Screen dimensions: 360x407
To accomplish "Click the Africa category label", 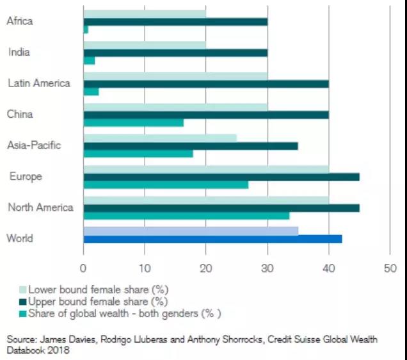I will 19,21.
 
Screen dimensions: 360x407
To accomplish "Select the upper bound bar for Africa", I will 175,22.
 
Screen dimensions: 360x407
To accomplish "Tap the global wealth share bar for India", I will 89,60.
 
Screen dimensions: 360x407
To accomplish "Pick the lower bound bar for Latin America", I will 175,76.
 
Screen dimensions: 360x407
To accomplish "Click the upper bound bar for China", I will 205,115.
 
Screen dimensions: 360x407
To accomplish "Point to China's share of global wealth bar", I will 133,122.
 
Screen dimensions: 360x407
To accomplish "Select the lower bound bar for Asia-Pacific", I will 159,138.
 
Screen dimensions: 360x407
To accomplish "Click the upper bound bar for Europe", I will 221,177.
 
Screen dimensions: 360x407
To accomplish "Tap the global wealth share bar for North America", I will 186,215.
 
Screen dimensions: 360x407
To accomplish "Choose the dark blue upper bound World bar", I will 212,239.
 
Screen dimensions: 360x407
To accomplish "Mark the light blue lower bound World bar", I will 190,231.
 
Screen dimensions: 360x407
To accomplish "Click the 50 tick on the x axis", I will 390,268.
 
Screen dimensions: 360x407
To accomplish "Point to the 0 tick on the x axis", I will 83,268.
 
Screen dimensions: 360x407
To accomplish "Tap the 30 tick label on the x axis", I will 267,268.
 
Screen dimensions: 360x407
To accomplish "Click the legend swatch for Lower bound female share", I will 23,290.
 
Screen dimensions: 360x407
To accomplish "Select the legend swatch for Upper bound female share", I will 23,301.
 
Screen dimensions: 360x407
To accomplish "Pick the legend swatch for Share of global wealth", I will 23,313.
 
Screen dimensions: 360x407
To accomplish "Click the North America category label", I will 40,208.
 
